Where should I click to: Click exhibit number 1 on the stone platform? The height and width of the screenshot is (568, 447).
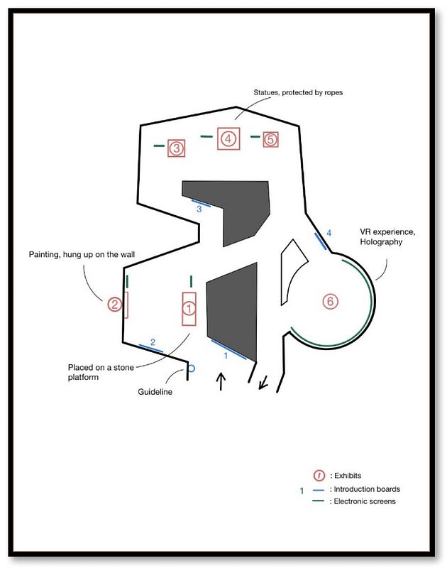[189, 309]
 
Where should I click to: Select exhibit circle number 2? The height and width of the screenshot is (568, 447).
[115, 305]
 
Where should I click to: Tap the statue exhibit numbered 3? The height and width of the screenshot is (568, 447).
[176, 148]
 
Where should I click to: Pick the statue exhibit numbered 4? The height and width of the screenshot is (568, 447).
[228, 138]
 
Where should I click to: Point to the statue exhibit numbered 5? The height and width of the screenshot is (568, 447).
[271, 139]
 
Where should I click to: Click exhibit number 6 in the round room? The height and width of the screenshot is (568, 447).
[330, 301]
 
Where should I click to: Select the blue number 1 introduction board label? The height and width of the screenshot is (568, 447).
[226, 356]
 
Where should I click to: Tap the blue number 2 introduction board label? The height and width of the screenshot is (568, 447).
[153, 342]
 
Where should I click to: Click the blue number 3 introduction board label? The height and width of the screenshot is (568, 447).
[199, 209]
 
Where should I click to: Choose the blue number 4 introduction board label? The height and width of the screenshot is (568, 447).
[329, 233]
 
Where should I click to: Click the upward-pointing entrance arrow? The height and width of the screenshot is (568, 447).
[221, 382]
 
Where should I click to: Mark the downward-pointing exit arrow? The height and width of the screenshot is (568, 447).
[263, 383]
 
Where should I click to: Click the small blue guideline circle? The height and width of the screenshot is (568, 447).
[192, 368]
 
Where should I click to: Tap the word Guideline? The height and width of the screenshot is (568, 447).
[155, 392]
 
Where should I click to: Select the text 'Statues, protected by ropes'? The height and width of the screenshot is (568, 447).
[298, 92]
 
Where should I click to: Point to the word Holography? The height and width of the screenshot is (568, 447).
[381, 241]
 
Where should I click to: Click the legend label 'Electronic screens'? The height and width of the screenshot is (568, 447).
[365, 501]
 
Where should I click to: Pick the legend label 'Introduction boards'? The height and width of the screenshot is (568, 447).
[367, 489]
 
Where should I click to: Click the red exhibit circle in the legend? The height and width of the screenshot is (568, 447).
[319, 475]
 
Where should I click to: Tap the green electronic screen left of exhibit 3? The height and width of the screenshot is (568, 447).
[159, 146]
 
